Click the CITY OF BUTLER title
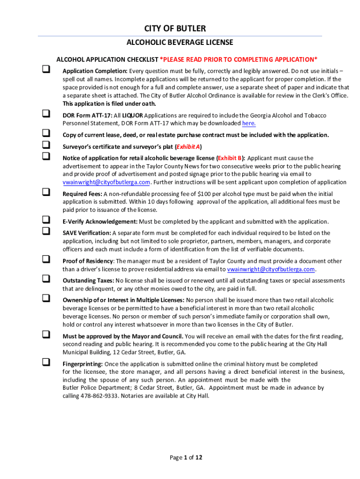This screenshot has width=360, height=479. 180,29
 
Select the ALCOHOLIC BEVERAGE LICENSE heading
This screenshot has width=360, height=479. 180,43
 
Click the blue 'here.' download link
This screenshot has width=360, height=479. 249,123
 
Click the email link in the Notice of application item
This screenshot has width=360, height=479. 107,182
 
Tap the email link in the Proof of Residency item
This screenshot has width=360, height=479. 271,269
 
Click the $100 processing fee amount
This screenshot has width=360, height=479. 205,194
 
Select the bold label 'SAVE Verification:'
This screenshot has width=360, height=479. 87,233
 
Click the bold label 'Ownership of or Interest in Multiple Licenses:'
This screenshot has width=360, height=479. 123,300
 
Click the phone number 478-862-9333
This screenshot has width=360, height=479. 98,396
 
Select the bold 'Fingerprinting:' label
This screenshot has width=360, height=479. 83,364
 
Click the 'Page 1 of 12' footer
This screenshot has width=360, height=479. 186,457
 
